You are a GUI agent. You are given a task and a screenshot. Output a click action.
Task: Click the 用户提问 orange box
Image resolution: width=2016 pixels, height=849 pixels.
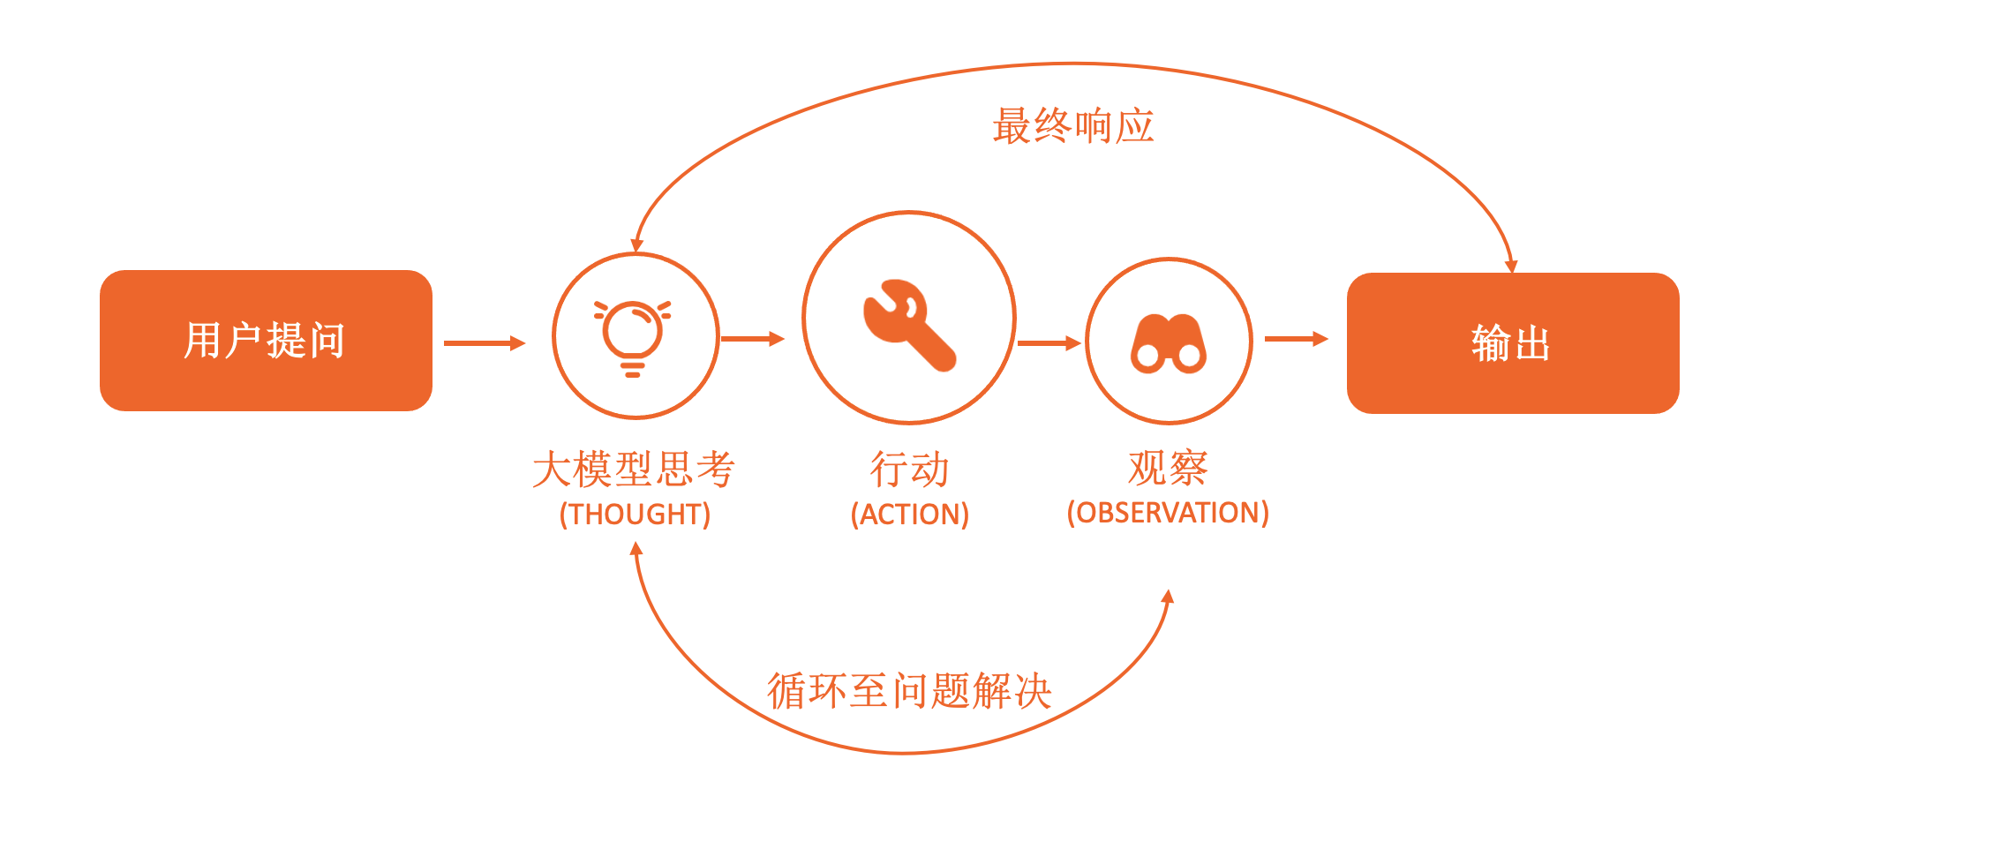[266, 341]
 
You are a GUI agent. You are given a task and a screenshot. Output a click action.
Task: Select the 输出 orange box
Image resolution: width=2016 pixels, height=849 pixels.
[1513, 343]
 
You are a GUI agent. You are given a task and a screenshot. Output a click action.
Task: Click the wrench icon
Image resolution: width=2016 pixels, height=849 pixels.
[909, 325]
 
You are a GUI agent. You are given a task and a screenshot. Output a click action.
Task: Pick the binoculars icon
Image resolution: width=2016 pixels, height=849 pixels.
[1169, 343]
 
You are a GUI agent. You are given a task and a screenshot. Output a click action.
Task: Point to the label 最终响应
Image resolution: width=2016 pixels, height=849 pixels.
[1073, 126]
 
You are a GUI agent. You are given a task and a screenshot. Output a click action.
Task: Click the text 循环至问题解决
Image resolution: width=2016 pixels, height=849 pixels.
[909, 690]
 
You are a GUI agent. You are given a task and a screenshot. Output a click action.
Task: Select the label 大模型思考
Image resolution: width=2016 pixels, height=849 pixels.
[634, 469]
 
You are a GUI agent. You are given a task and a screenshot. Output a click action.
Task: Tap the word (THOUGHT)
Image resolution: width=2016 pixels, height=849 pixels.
[635, 515]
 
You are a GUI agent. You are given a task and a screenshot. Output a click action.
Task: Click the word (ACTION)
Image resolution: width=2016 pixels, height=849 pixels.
[910, 515]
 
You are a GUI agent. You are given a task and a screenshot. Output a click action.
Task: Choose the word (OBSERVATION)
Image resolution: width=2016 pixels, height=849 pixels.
[1168, 513]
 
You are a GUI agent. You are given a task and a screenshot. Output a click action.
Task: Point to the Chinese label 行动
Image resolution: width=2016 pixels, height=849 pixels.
[910, 469]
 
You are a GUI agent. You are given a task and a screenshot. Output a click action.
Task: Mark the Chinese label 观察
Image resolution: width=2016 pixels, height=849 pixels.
[1168, 467]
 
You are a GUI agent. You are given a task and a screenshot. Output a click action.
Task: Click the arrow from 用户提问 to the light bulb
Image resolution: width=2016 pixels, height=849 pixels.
[485, 343]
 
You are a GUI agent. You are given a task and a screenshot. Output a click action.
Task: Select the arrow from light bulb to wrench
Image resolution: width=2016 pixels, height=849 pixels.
[753, 339]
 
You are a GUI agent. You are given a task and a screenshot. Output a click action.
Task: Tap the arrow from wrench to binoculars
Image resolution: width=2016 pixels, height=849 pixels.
[1049, 343]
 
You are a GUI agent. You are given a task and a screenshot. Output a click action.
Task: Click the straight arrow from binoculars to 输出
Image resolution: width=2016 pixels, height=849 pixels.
[1297, 339]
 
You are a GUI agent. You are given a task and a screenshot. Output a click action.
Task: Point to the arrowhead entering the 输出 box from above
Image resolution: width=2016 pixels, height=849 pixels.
[1511, 266]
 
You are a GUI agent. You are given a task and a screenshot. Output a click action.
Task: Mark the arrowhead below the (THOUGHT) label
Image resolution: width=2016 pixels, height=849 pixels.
[636, 549]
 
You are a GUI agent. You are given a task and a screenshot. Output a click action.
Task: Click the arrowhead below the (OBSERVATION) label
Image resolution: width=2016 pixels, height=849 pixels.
[1168, 597]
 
